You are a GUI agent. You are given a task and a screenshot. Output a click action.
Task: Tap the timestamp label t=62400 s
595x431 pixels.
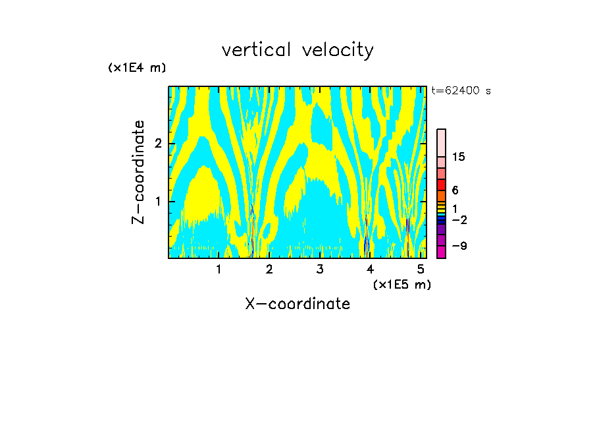[461, 91]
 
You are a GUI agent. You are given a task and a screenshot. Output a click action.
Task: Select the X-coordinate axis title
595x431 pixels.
[297, 304]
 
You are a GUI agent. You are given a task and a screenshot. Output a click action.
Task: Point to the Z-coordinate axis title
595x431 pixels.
[138, 172]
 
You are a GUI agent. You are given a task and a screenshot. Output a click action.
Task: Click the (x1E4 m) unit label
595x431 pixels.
[137, 68]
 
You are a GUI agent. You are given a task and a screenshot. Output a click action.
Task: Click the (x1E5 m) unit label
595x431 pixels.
[401, 284]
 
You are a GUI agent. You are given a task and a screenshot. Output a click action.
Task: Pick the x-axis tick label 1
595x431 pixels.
[219, 269]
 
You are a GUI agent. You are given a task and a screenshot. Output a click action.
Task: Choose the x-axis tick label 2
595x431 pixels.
[269, 269]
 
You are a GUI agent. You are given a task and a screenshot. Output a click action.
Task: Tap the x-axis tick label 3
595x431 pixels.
[320, 269]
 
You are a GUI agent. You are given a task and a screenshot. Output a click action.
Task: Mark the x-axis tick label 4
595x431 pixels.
[370, 269]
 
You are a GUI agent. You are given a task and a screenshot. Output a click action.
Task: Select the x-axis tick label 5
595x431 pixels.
[420, 269]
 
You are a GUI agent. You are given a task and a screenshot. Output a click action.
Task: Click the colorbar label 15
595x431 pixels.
[458, 157]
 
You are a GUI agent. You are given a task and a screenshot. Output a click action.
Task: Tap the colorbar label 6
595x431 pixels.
[455, 190]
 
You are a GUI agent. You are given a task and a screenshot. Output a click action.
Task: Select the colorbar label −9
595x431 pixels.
[459, 246]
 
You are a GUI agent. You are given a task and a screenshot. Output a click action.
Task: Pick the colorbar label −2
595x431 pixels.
[459, 220]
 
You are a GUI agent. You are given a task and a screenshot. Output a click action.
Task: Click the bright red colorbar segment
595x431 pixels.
[441, 185]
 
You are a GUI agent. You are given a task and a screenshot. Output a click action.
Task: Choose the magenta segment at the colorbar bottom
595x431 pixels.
[441, 252]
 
